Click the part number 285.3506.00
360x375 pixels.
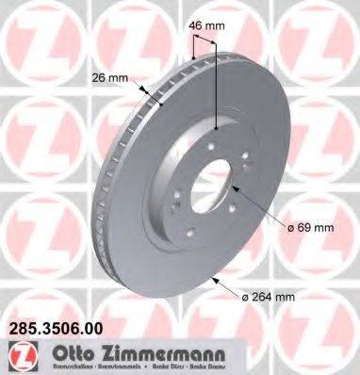point(59,330)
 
